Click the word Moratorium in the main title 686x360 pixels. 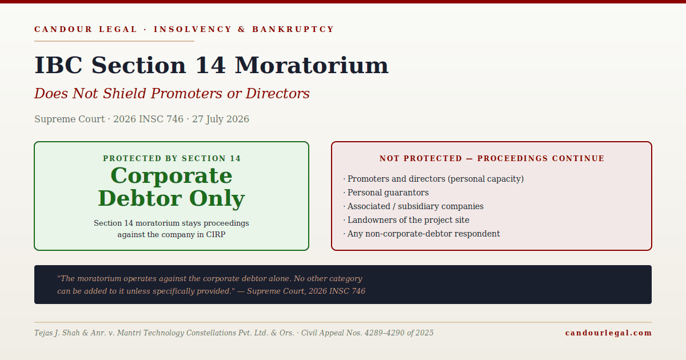tap(312, 66)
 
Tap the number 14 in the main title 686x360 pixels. tap(211, 66)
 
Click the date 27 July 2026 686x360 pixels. tap(221, 119)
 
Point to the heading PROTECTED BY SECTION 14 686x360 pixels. tap(172, 159)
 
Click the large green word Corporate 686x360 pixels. tap(171, 176)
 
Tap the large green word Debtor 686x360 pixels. tap(140, 198)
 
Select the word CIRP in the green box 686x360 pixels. tap(216, 235)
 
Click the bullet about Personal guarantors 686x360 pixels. tap(386, 193)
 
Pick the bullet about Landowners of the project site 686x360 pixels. tap(406, 220)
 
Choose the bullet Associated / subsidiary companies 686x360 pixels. tap(413, 206)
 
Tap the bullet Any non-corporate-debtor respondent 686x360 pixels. tap(421, 234)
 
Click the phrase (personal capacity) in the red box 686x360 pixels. tap(486, 179)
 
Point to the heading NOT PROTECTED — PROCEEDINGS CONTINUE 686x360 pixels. tap(492, 159)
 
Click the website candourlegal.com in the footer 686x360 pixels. tap(608, 333)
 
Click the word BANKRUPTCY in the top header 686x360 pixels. tap(293, 29)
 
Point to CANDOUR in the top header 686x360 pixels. tap(63, 29)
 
